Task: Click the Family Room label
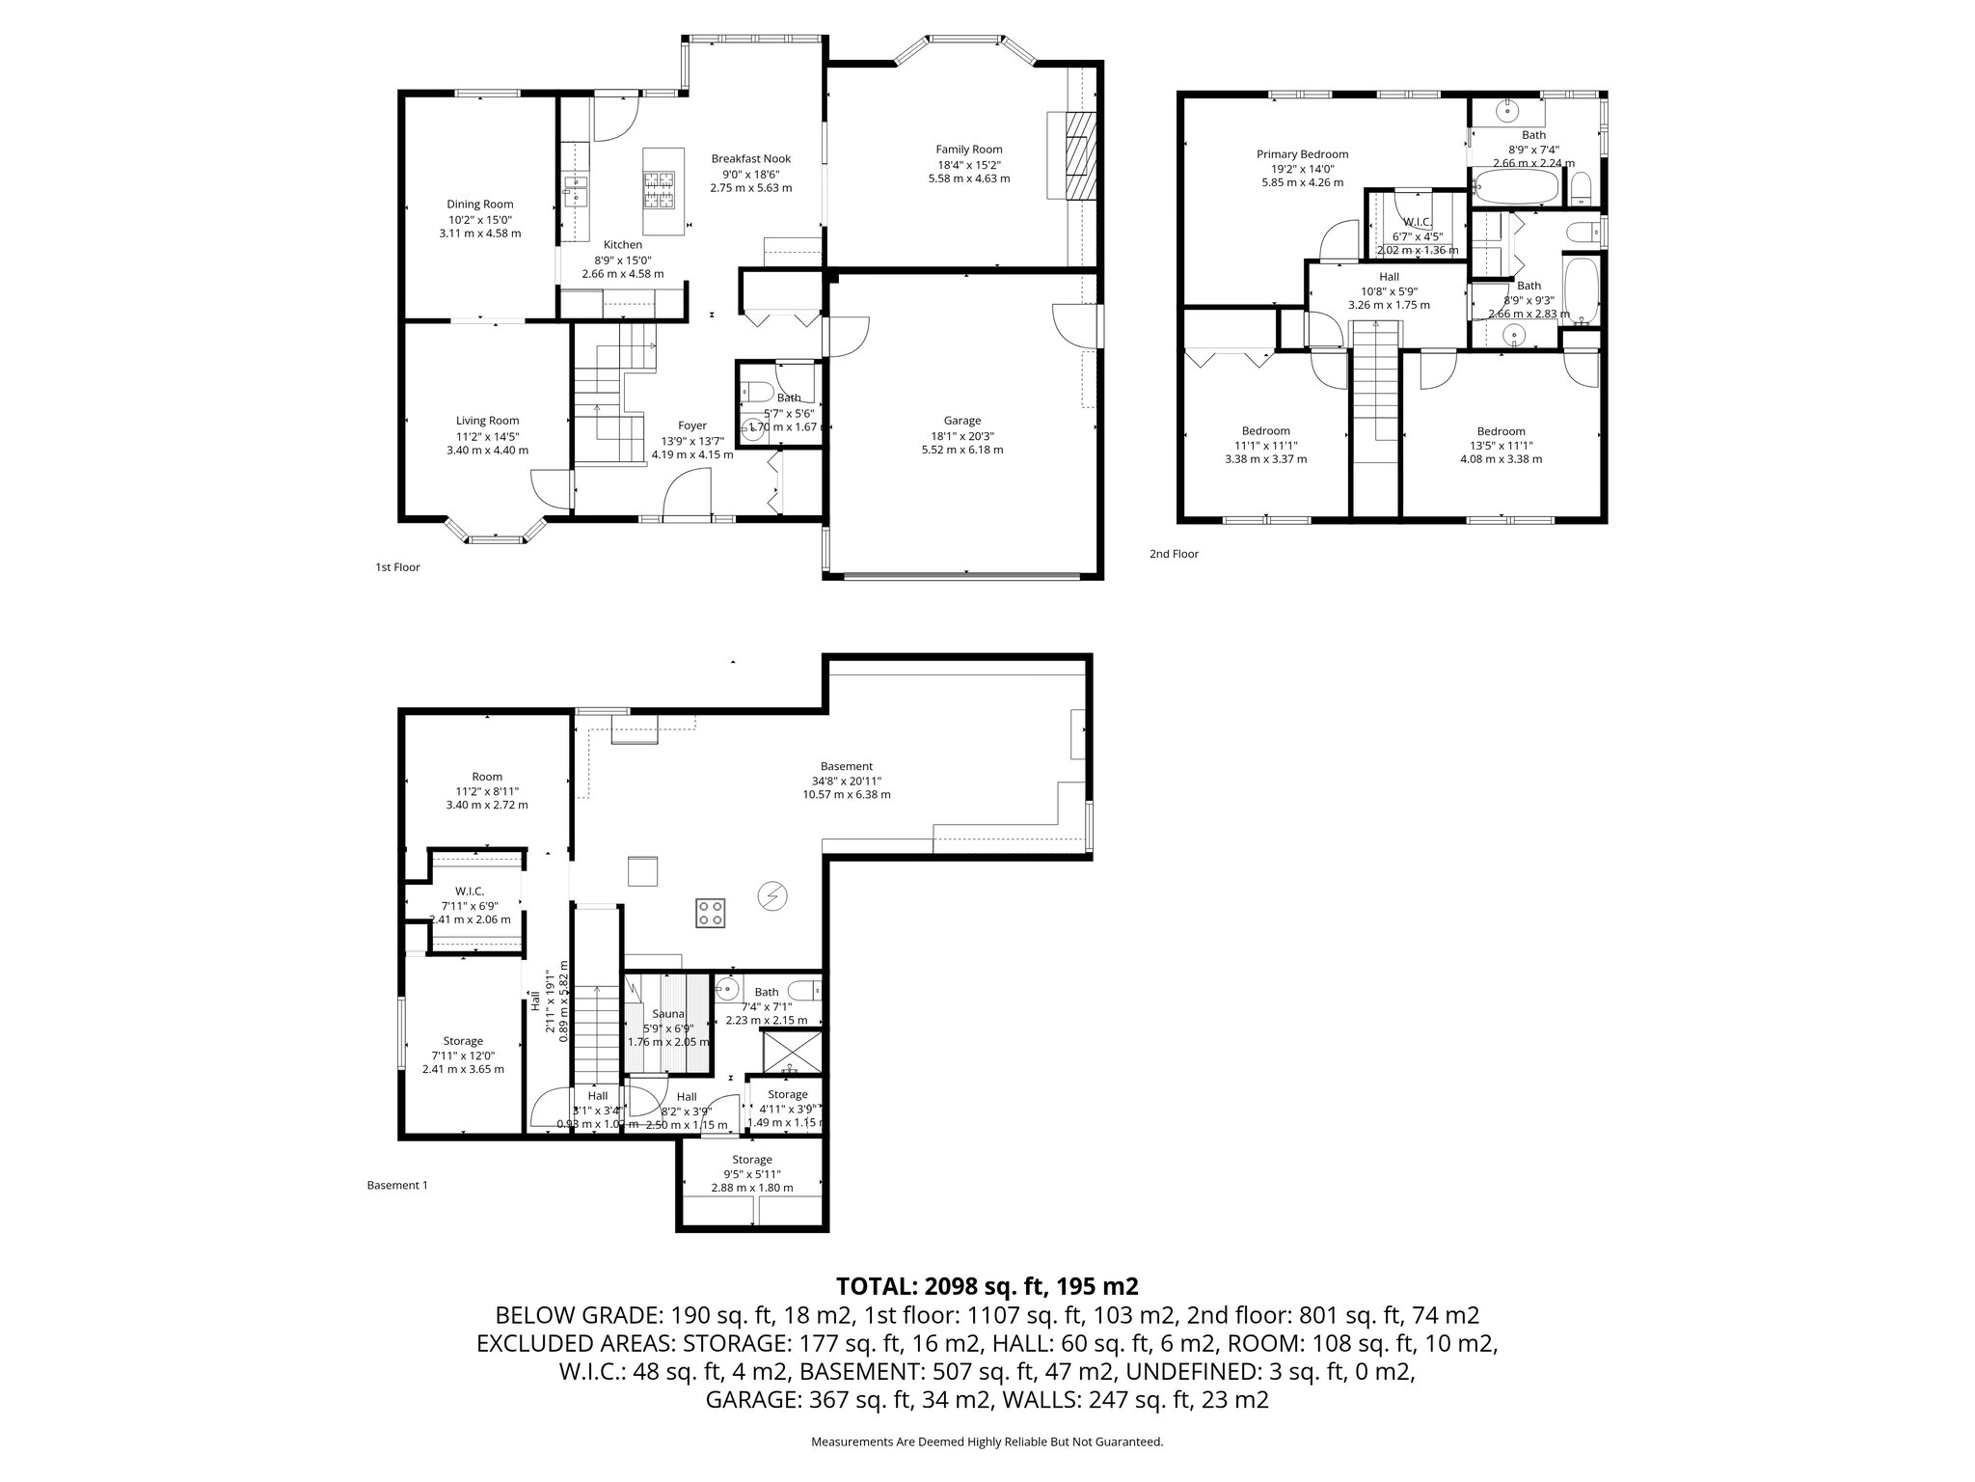point(968,150)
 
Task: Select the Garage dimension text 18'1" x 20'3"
point(961,435)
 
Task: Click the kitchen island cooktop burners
point(660,189)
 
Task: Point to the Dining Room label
point(479,205)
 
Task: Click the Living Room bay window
point(496,536)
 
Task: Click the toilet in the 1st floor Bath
point(756,393)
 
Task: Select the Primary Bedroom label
point(1302,154)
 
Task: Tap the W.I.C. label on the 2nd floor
point(1417,222)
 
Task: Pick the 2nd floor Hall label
point(1389,277)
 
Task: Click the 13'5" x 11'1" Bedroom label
point(1501,431)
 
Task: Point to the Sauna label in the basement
point(667,1014)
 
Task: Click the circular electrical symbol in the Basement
point(771,896)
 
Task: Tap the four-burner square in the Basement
point(711,913)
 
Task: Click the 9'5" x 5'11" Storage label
point(751,1160)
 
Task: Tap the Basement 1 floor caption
point(396,1185)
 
